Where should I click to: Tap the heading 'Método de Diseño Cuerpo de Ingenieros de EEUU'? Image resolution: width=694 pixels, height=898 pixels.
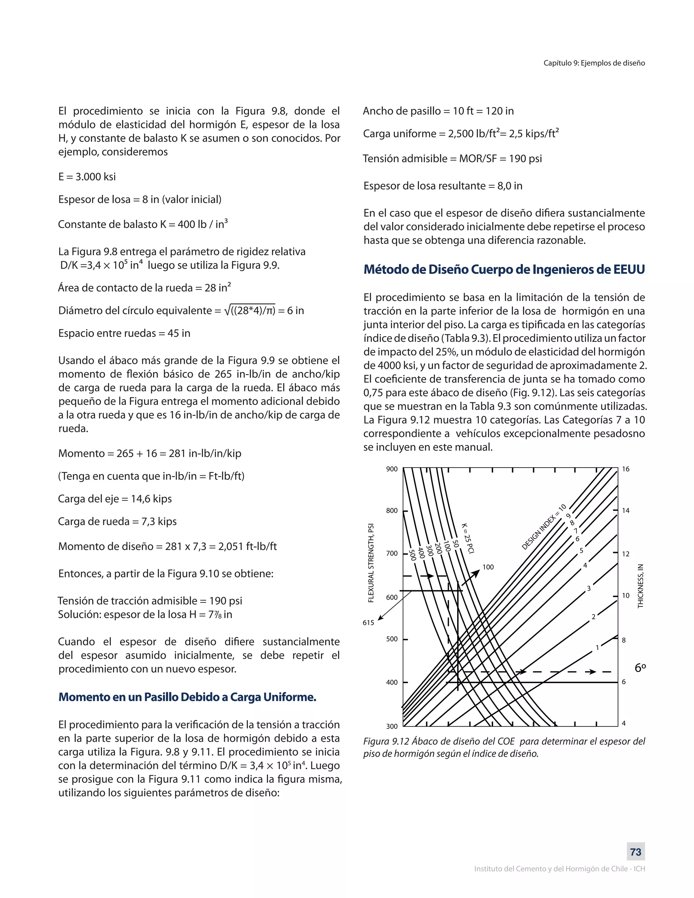504,269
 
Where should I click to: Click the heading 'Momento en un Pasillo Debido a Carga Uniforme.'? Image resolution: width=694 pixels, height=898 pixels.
187,697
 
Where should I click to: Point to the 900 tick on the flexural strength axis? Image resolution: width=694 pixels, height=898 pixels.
392,469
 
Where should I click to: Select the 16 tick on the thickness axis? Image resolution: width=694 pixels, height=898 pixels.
625,469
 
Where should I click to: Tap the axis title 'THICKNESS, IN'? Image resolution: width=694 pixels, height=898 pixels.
640,586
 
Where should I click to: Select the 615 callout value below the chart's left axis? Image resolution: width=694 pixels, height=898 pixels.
368,623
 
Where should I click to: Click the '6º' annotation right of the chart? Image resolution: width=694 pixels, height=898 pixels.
640,668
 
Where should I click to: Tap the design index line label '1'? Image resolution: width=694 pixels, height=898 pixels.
597,648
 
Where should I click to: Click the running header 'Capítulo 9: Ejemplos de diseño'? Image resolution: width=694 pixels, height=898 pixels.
594,63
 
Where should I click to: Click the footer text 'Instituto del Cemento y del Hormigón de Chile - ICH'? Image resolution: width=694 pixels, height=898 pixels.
559,869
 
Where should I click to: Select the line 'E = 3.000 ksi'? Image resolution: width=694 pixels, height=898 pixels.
87,177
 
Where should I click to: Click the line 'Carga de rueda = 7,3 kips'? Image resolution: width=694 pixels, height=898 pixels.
118,522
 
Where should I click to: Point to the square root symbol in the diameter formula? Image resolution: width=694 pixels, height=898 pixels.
227,310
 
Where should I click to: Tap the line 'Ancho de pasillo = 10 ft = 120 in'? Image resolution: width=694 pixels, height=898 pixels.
438,111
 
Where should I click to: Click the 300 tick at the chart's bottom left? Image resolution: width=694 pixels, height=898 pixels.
392,726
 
